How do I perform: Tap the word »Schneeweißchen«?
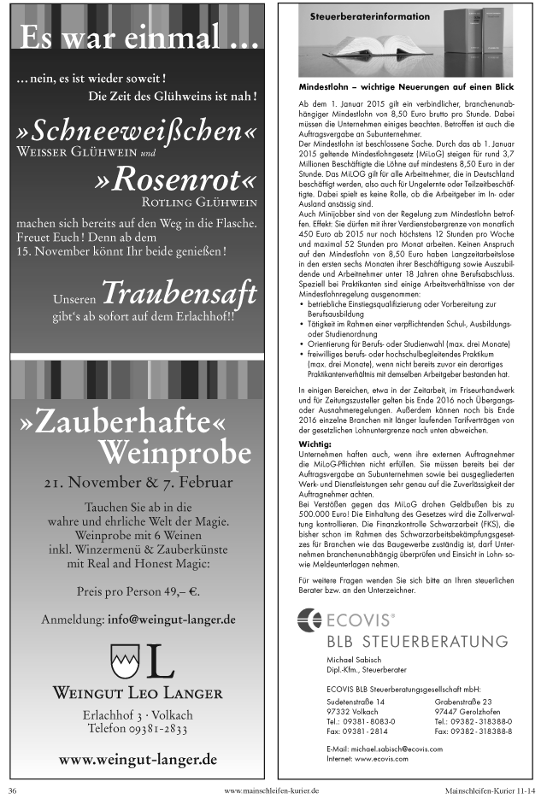coord(136,132)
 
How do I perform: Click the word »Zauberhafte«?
coord(126,422)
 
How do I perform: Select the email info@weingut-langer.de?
coord(172,619)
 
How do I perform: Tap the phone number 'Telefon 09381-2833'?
coord(138,729)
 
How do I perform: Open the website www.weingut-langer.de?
coord(138,759)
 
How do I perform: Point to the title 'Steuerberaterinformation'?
coord(365,16)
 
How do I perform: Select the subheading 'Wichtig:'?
coord(315,445)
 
